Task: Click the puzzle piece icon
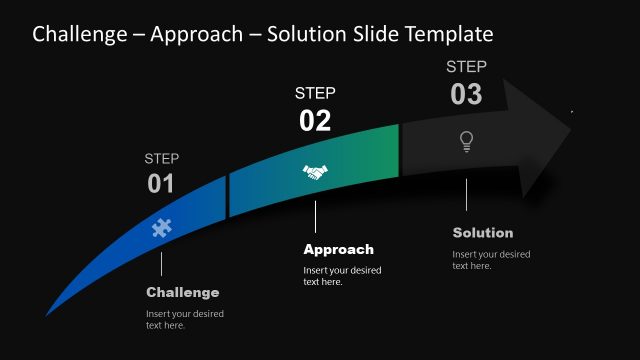pyautogui.click(x=161, y=228)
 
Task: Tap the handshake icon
pyautogui.click(x=315, y=172)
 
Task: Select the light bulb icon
pyautogui.click(x=466, y=141)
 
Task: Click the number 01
pyautogui.click(x=161, y=183)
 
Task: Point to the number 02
pyautogui.click(x=315, y=121)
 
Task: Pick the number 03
pyautogui.click(x=466, y=94)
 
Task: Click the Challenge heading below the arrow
pyautogui.click(x=182, y=292)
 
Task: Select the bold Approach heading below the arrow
pyautogui.click(x=338, y=249)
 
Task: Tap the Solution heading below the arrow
pyautogui.click(x=483, y=233)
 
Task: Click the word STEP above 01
pyautogui.click(x=162, y=158)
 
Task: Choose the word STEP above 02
pyautogui.click(x=315, y=93)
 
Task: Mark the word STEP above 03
pyautogui.click(x=466, y=67)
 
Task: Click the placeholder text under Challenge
pyautogui.click(x=185, y=319)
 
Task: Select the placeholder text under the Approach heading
pyautogui.click(x=342, y=276)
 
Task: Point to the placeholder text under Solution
pyautogui.click(x=491, y=260)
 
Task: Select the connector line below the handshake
pyautogui.click(x=315, y=217)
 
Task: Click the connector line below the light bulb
pyautogui.click(x=466, y=196)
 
